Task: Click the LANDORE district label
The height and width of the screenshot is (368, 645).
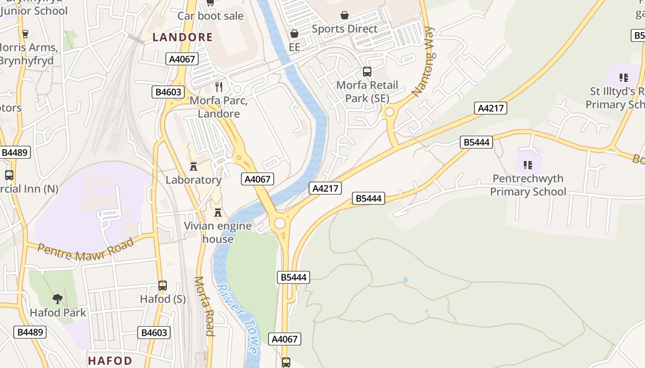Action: coord(182,37)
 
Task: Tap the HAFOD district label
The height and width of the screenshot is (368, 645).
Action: coord(110,360)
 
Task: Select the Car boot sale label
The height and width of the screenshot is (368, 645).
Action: coord(211,16)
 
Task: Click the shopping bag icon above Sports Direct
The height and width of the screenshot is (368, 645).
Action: coord(344,16)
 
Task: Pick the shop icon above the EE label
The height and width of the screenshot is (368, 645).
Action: coord(294,34)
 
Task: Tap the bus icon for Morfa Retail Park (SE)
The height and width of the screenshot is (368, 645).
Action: coord(367,72)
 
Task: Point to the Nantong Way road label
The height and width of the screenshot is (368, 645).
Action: coord(423,62)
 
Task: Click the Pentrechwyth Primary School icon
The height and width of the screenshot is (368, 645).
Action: coord(528,165)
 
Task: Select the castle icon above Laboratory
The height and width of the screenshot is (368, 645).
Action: coord(193,167)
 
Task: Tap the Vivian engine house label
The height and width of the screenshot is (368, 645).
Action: coord(218,232)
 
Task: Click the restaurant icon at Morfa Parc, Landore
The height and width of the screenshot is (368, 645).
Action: coord(219,86)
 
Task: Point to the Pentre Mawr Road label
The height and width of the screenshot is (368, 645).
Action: coord(86,248)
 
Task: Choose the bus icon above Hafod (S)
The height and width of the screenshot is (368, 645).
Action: coord(163,285)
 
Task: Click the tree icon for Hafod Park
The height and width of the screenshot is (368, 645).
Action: coord(58,299)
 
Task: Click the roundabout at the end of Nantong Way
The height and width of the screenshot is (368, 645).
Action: coord(390,112)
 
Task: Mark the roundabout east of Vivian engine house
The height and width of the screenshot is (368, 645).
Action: coord(280,224)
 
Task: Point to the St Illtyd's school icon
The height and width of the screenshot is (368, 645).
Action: coord(624,78)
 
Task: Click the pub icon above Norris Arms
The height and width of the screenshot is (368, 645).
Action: coord(25,34)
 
